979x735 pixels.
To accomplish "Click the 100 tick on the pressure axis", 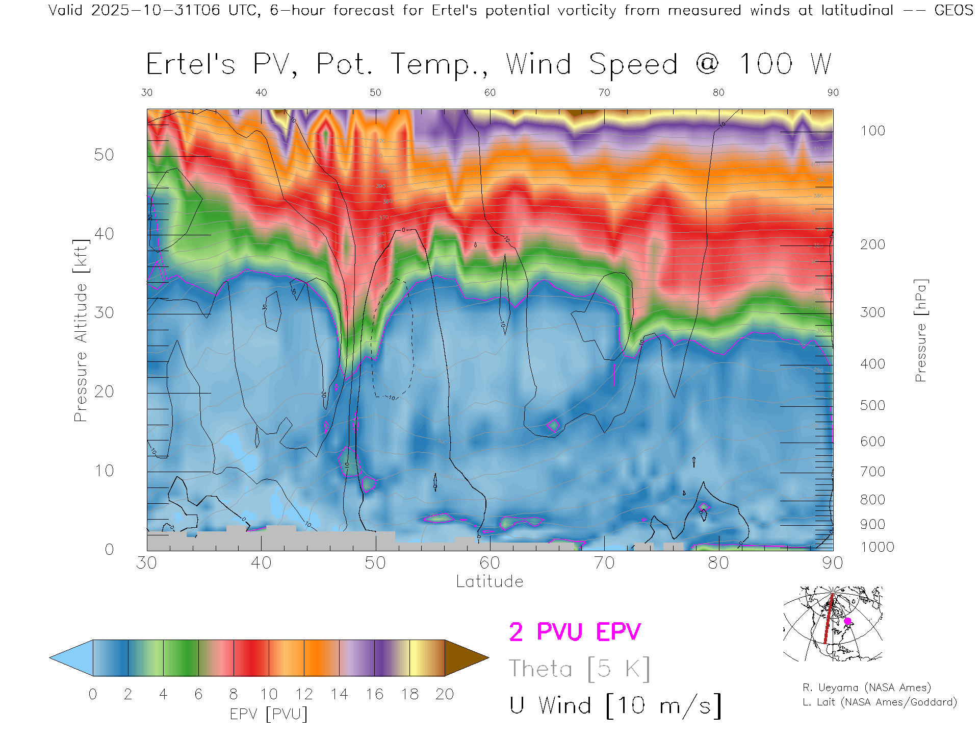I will pyautogui.click(x=872, y=131).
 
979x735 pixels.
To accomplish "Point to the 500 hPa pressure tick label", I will pyautogui.click(x=872, y=405).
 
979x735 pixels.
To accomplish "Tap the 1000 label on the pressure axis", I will pyautogui.click(x=877, y=547).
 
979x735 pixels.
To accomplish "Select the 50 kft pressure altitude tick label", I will pyautogui.click(x=104, y=155).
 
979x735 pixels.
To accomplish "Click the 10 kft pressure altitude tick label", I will pyautogui.click(x=104, y=471).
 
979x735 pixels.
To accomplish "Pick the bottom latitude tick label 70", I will pyautogui.click(x=604, y=562).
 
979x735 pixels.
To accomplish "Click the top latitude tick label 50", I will pyautogui.click(x=375, y=92).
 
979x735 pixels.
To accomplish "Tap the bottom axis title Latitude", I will pyautogui.click(x=489, y=581).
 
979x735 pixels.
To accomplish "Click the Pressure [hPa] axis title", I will pyautogui.click(x=920, y=330).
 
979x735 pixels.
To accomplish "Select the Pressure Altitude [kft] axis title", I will pyautogui.click(x=81, y=330).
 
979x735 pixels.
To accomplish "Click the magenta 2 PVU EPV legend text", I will pyautogui.click(x=575, y=632).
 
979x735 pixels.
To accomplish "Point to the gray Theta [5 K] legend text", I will pyautogui.click(x=579, y=669).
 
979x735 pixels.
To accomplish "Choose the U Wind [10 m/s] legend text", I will pyautogui.click(x=615, y=706).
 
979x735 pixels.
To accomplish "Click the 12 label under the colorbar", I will pyautogui.click(x=304, y=694).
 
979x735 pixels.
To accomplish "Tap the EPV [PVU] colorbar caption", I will pyautogui.click(x=269, y=714).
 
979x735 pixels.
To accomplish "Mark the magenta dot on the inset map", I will pyautogui.click(x=847, y=621).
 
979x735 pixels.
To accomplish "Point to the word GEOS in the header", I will pyautogui.click(x=954, y=10).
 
